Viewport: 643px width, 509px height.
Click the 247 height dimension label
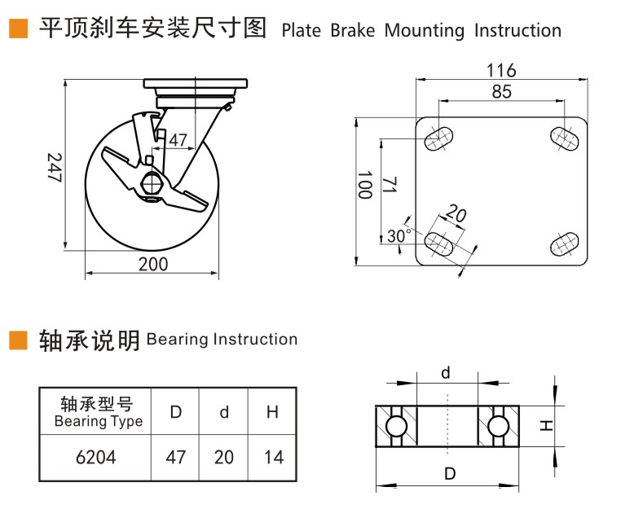tap(54, 168)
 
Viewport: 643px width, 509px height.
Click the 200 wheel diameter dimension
tap(153, 263)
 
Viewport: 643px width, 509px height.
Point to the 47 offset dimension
tap(178, 139)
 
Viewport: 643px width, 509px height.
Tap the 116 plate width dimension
tap(501, 70)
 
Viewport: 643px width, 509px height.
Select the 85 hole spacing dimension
tap(502, 92)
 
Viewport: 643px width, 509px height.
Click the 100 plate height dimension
tap(365, 186)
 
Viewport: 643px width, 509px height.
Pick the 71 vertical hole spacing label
tap(390, 186)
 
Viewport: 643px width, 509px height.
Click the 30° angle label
tap(399, 236)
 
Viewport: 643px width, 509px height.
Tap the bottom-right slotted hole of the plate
tap(564, 244)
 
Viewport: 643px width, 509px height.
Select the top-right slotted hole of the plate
tap(564, 138)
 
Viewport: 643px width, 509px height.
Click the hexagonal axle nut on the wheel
tap(151, 183)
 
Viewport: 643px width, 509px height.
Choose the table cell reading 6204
tap(95, 457)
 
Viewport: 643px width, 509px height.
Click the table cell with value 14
tap(274, 457)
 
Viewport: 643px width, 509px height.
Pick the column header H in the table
tap(274, 412)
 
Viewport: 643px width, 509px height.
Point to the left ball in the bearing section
tap(396, 426)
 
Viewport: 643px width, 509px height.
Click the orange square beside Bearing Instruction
tap(18, 340)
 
